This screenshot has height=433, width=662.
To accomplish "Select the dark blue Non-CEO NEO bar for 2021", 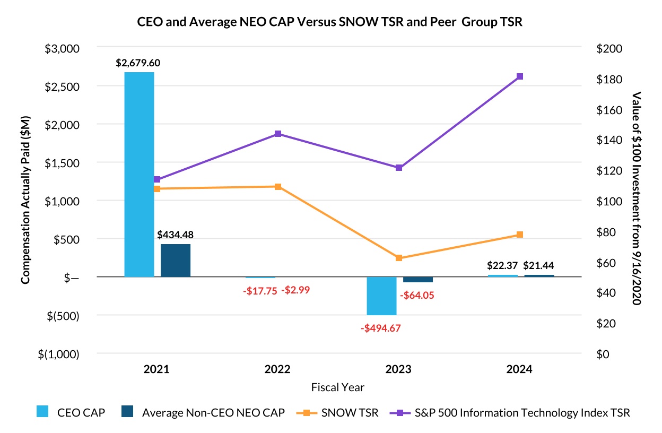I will [x=176, y=260].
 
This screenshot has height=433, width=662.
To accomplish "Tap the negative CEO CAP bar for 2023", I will [x=381, y=296].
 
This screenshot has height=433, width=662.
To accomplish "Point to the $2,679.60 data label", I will [x=138, y=63].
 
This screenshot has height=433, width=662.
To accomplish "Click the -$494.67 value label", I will [x=381, y=328].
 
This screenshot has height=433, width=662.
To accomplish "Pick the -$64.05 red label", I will [x=417, y=295].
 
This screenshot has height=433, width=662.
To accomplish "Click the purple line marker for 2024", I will [x=520, y=76].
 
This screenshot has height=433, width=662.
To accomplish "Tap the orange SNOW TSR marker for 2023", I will [x=399, y=258].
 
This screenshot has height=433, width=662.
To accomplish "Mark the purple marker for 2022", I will [x=278, y=134].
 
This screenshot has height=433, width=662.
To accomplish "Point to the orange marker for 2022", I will [x=278, y=187].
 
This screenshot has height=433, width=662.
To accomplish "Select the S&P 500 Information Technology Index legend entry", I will [x=509, y=412].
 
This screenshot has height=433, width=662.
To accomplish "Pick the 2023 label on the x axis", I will [x=398, y=369].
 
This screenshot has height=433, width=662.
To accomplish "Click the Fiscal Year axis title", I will [x=338, y=387].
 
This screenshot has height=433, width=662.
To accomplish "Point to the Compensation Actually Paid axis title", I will [x=25, y=200].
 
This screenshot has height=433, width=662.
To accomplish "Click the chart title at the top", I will [x=330, y=23].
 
